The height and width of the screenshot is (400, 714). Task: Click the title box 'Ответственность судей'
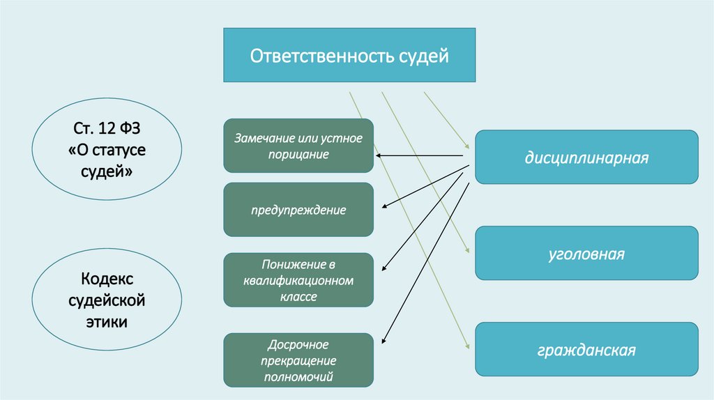[349, 55]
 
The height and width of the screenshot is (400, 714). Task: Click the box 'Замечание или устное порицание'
[298, 146]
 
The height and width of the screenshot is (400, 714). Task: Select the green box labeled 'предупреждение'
[298, 210]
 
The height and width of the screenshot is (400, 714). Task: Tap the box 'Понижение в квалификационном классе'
[298, 280]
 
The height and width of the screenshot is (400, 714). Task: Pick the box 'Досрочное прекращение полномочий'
[298, 360]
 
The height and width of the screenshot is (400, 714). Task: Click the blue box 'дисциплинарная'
[586, 157]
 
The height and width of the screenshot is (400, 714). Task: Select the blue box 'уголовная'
[586, 254]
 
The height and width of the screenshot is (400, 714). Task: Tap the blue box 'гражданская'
[586, 349]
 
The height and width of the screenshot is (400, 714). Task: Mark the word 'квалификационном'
[298, 280]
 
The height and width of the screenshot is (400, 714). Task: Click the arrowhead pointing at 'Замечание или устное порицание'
[377, 156]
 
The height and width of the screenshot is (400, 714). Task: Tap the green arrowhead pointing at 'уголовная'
[468, 251]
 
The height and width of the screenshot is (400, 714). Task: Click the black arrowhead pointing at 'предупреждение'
[384, 207]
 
